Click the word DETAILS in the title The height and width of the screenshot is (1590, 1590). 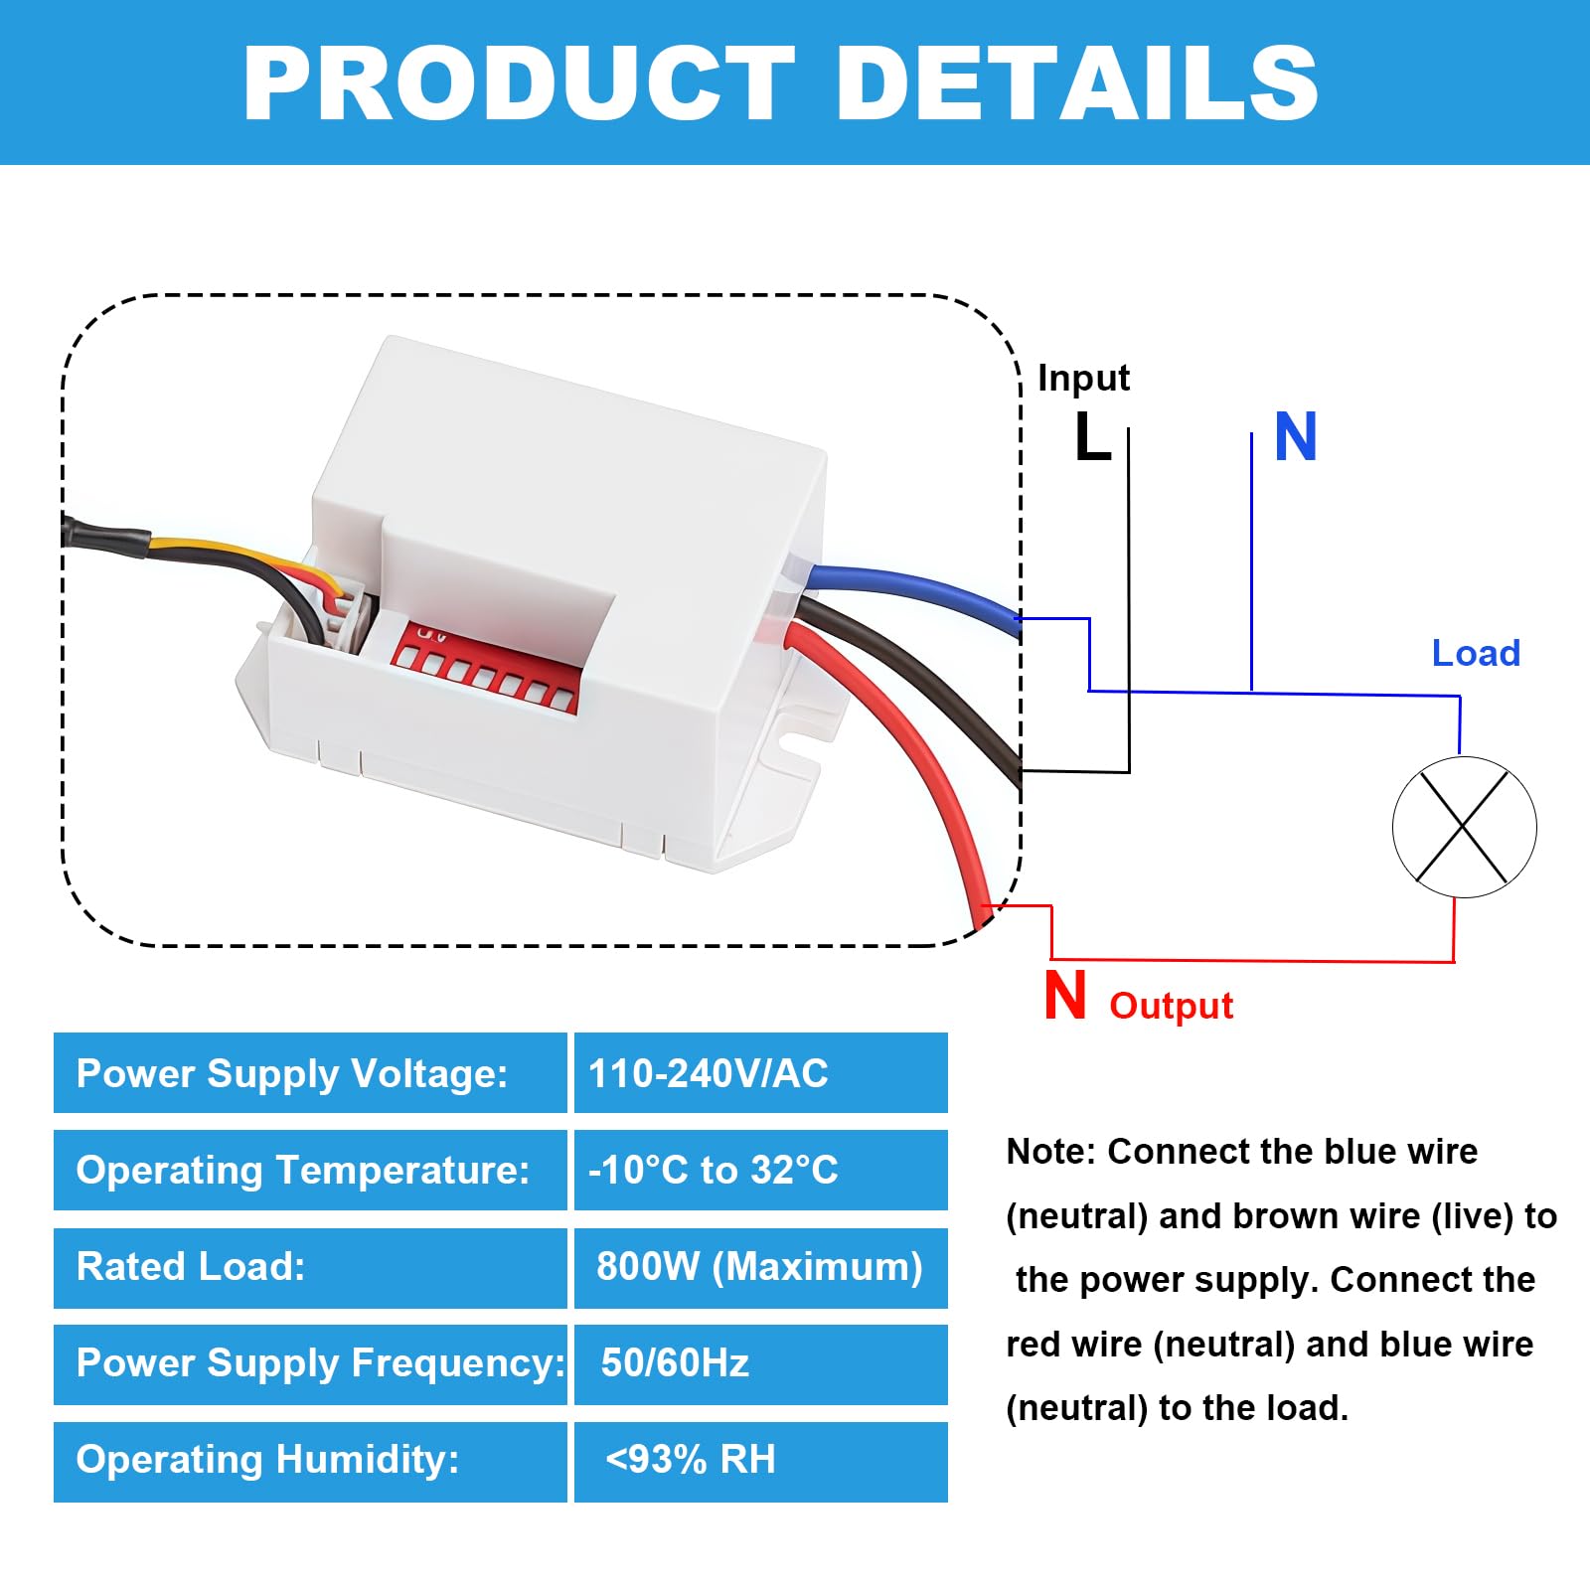pos(1078,83)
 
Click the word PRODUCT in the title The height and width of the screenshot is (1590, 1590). pos(520,83)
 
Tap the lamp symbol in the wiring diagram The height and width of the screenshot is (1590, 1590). pos(1464,827)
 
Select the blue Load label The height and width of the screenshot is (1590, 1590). pos(1476,653)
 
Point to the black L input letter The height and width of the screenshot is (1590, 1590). pos(1093,436)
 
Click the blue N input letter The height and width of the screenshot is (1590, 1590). pos(1296,436)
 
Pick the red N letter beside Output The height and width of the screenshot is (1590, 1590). pos(1065,995)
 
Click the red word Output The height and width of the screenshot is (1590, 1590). pos(1171,1006)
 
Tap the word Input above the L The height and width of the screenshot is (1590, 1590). pos(1083,378)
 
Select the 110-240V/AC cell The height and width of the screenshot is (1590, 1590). pos(761,1073)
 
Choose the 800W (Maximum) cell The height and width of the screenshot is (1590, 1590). pos(761,1267)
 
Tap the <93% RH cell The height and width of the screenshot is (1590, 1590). pos(761,1461)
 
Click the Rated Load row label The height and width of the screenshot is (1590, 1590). pos(191,1267)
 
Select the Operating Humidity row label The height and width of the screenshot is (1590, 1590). pos(268,1460)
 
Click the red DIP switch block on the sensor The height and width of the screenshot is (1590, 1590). pos(484,664)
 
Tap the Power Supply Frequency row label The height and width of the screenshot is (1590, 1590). pos(320,1363)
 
